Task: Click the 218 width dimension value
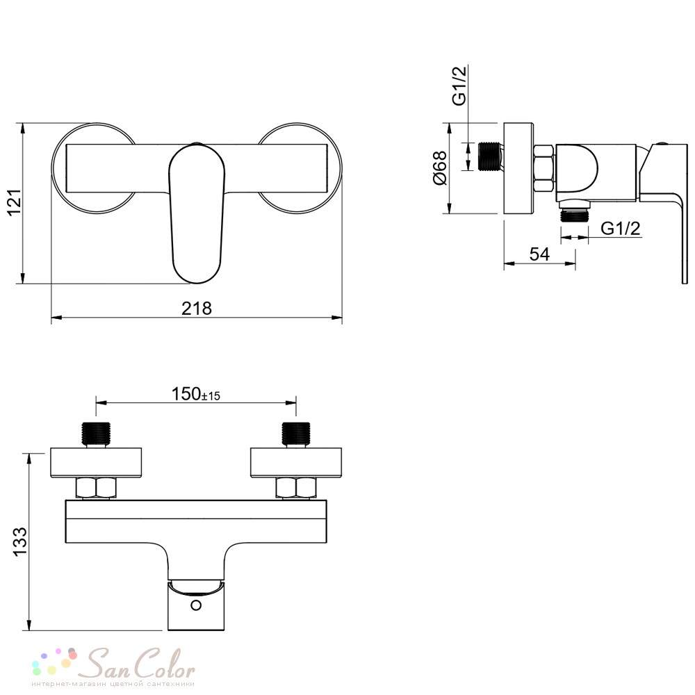pos(197,308)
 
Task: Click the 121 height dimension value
pos(15,202)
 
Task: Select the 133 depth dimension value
pos(20,541)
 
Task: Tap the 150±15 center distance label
pos(196,394)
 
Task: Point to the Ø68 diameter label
pos(439,168)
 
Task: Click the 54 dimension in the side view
pos(539,254)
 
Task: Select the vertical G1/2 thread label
pos(459,85)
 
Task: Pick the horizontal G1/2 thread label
pos(621,228)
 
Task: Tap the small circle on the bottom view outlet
pos(196,605)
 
